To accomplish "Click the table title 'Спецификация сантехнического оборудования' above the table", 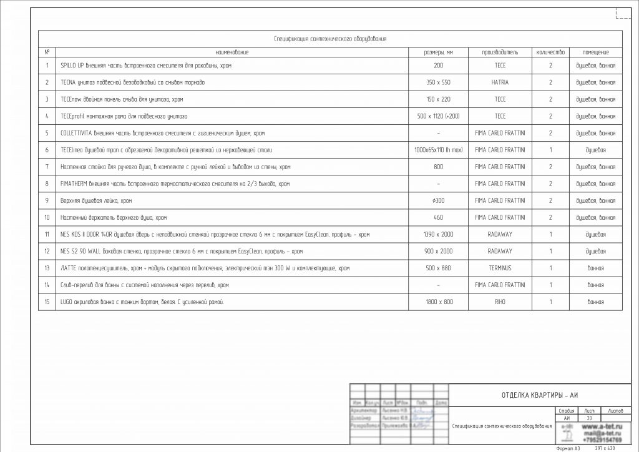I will click(x=331, y=39).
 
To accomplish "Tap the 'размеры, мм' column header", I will click(x=438, y=52).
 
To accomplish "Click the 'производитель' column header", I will click(x=500, y=52).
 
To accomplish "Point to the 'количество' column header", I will click(x=550, y=52).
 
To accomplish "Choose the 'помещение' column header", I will click(x=595, y=52).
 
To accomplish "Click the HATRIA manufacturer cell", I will click(x=500, y=82).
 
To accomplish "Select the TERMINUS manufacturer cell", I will click(x=500, y=268).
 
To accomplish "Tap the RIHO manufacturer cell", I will click(x=500, y=302).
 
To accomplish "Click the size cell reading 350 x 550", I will click(x=438, y=82).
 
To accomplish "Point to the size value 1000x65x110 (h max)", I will click(x=438, y=150).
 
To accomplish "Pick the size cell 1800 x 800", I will click(x=438, y=302).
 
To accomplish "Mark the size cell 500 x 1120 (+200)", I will click(x=438, y=116).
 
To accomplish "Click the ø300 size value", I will click(x=438, y=200).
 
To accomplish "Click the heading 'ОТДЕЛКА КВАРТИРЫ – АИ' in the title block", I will click(x=540, y=395).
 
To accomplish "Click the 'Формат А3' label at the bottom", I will click(x=568, y=448).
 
